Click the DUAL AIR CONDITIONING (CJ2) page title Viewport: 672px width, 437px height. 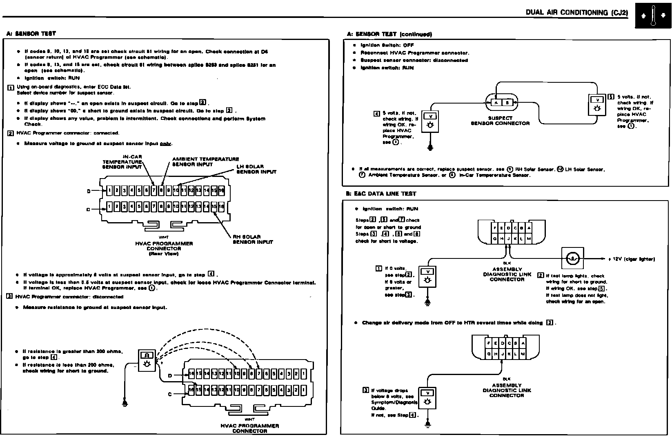pyautogui.click(x=576, y=12)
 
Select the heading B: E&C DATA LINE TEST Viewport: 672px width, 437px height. pyautogui.click(x=381, y=194)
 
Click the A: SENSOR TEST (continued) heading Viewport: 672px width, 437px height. pyautogui.click(x=389, y=34)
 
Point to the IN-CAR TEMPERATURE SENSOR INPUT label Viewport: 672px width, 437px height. pyautogui.click(x=122, y=162)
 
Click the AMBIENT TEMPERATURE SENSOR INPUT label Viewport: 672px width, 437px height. pyautogui.click(x=205, y=161)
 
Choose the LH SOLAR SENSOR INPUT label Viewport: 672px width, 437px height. pyautogui.click(x=256, y=169)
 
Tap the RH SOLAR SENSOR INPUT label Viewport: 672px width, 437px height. pyautogui.click(x=252, y=239)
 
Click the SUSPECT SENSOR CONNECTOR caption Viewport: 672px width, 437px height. pyautogui.click(x=500, y=121)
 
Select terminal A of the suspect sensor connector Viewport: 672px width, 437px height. pyautogui.click(x=496, y=103)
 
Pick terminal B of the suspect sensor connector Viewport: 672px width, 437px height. pyautogui.click(x=507, y=103)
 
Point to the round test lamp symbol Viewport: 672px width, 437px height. pyautogui.click(x=572, y=258)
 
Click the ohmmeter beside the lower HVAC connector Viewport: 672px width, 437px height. pyautogui.click(x=147, y=360)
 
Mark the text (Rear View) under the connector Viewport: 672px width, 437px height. pyautogui.click(x=164, y=254)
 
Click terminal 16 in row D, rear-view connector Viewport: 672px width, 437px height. pyautogui.click(x=221, y=190)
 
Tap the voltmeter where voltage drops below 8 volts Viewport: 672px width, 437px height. pyautogui.click(x=427, y=398)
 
